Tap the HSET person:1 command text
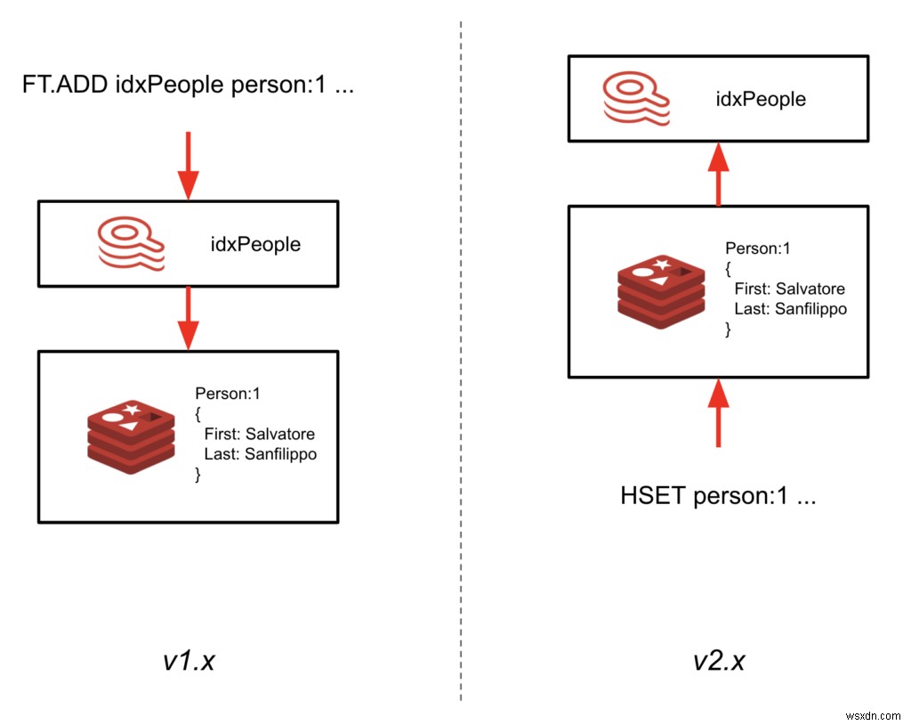718,496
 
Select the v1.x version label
189,662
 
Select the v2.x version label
718,662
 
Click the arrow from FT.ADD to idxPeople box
188,165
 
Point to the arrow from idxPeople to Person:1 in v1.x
188,318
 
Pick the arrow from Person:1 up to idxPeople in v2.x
718,173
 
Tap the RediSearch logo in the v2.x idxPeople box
633,98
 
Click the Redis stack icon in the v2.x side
657,289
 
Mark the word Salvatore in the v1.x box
280,434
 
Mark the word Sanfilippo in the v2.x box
810,309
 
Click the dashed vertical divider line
461,356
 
